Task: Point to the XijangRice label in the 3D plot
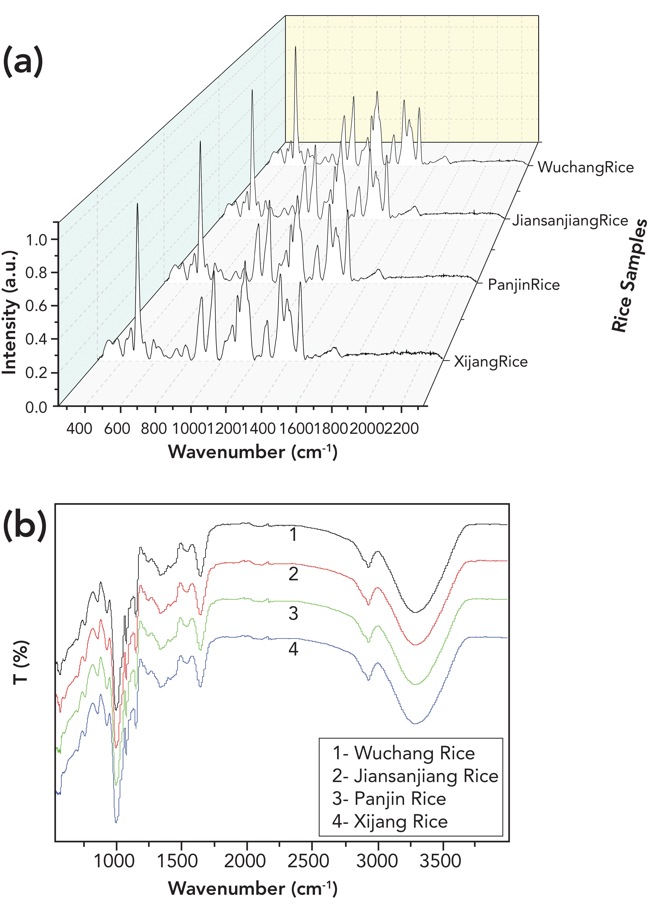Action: (x=490, y=361)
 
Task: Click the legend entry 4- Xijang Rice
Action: (x=390, y=822)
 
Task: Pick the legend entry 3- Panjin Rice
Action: (x=389, y=799)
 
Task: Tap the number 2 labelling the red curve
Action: (x=293, y=574)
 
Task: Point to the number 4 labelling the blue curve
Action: (x=293, y=649)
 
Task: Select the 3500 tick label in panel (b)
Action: (x=440, y=861)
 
